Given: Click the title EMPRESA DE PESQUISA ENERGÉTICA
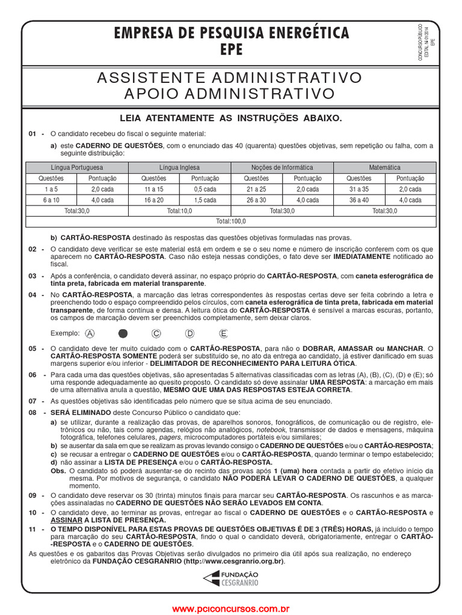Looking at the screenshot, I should (x=232, y=33).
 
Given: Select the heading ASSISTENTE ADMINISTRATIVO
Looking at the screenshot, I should (x=231, y=77).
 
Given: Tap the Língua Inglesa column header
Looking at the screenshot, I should (x=179, y=168).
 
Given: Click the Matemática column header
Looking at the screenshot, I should (x=384, y=168).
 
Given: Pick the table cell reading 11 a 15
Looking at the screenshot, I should (x=154, y=189).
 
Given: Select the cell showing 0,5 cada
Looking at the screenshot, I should (x=205, y=189).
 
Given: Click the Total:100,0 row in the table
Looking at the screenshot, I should (x=231, y=222).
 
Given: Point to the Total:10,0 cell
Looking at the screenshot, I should (x=179, y=211).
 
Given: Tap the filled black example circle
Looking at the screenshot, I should (x=123, y=333).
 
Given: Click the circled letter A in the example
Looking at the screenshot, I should (x=90, y=333).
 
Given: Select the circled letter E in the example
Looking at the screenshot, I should (x=224, y=333).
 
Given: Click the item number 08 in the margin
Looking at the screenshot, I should (x=33, y=413).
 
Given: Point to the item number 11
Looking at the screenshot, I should (x=33, y=528).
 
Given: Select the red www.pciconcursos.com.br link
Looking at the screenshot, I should (x=231, y=609).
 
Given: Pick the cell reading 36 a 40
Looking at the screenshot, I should (x=359, y=200).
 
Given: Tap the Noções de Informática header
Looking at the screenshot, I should (x=282, y=168).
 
